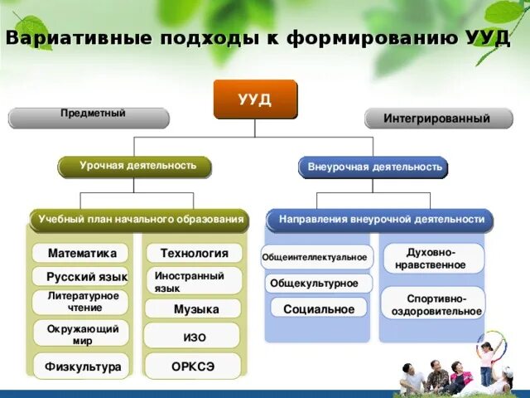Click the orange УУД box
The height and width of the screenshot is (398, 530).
tap(254, 99)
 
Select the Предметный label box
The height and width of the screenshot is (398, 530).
tap(89, 117)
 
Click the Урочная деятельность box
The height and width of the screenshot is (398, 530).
tap(134, 167)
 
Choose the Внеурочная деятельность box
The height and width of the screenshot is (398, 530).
tap(373, 167)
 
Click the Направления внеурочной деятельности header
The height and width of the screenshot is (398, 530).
tap(380, 220)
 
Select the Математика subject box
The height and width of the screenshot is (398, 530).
tap(81, 253)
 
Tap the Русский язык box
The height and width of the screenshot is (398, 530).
tap(81, 276)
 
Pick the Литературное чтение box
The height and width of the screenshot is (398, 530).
tap(81, 302)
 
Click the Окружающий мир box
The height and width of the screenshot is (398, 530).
tap(81, 334)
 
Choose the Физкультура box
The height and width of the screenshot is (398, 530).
tap(81, 366)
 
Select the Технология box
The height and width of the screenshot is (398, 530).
tap(194, 253)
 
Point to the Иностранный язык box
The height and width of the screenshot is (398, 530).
tap(194, 280)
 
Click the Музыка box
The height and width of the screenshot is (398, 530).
tap(194, 308)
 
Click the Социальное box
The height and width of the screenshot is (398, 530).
tap(318, 308)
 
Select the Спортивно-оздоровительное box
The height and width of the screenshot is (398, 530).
tap(433, 304)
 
